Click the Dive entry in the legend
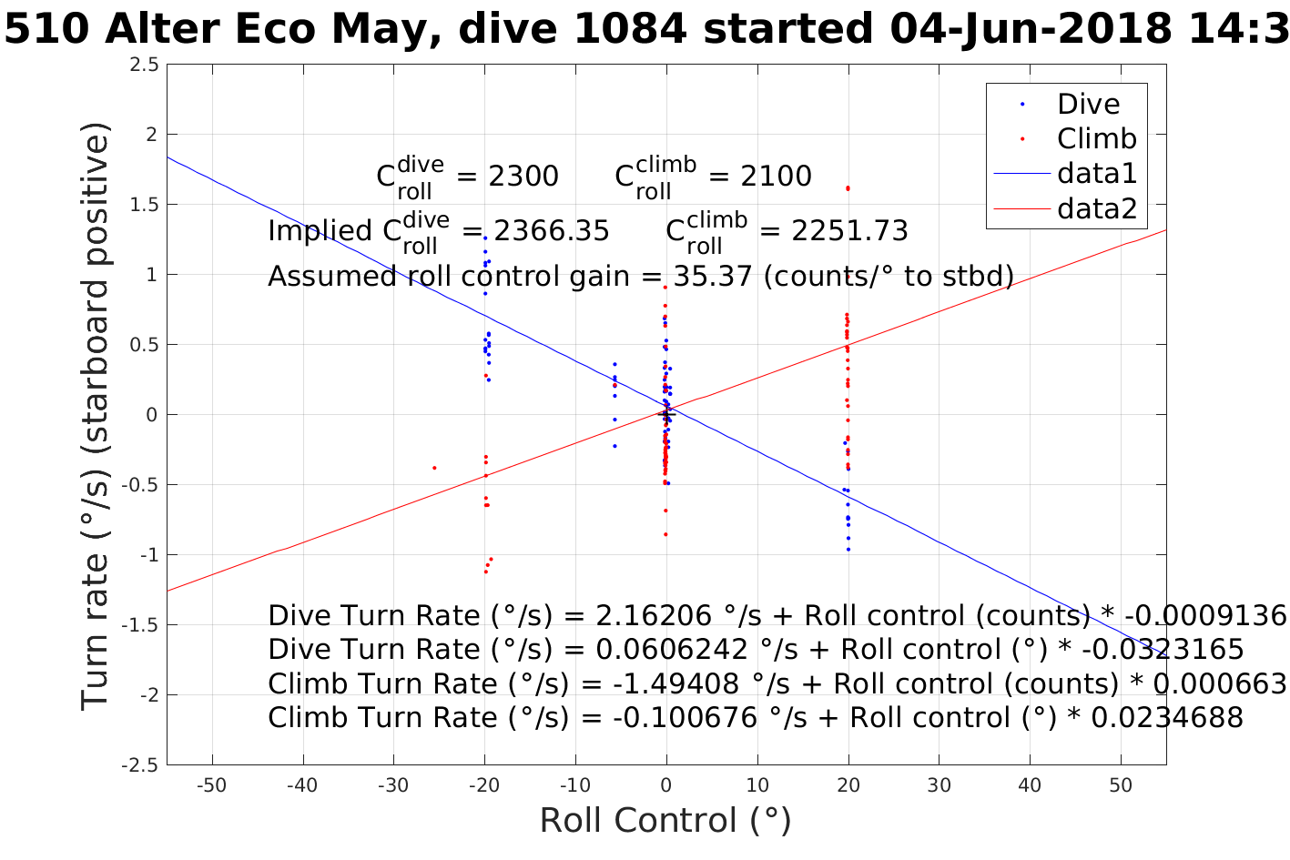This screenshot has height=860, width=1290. tap(1088, 104)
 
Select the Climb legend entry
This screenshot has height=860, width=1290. tap(1096, 138)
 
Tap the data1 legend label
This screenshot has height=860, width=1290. tap(1097, 173)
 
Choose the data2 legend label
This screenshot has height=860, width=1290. tap(1097, 208)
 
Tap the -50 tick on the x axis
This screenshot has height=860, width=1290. tap(211, 785)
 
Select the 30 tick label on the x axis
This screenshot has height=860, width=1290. tap(939, 785)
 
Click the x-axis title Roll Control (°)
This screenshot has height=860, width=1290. tap(665, 821)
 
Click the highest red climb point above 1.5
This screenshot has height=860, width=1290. tap(848, 188)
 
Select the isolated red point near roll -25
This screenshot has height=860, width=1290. tap(434, 468)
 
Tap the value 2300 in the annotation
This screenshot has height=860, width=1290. tap(523, 177)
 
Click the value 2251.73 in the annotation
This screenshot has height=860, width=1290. tap(849, 231)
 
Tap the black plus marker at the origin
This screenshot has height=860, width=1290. tap(665, 415)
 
